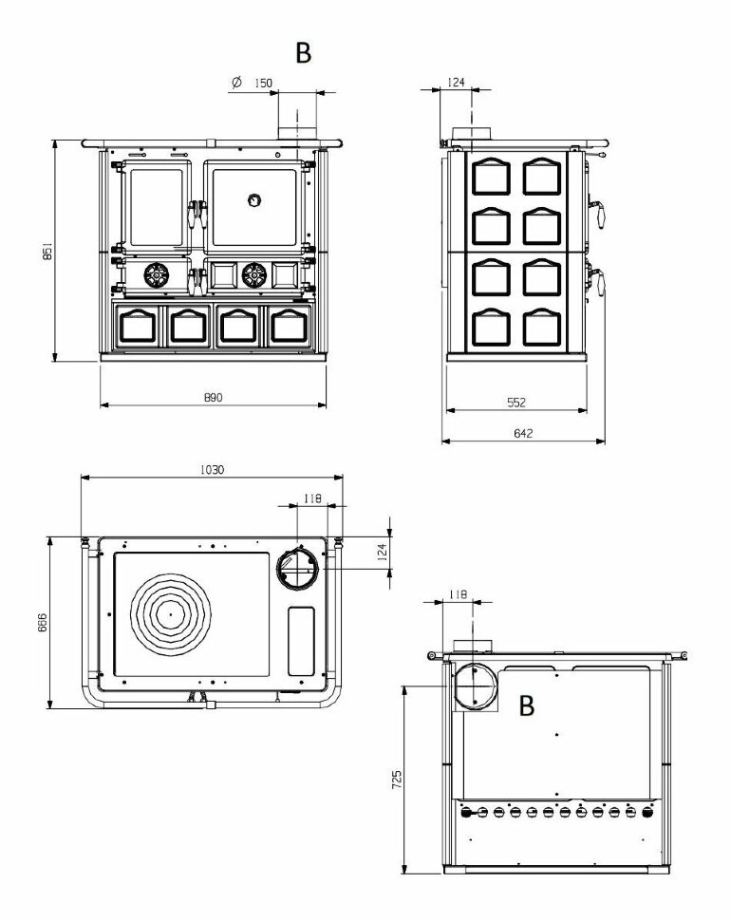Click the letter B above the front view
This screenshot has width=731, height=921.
pyautogui.click(x=303, y=53)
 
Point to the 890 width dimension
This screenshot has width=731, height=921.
pyautogui.click(x=214, y=398)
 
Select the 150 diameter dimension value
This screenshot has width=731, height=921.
pyautogui.click(x=263, y=83)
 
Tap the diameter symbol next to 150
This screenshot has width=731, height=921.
pyautogui.click(x=236, y=83)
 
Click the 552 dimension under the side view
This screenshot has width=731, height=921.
pyautogui.click(x=516, y=403)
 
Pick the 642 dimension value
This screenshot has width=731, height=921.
pyautogui.click(x=523, y=434)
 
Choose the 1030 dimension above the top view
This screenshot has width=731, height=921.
pyautogui.click(x=212, y=470)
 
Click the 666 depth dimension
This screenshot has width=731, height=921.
pyautogui.click(x=43, y=622)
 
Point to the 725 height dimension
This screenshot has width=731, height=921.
pyautogui.click(x=397, y=780)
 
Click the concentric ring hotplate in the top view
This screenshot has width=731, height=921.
pyautogui.click(x=170, y=613)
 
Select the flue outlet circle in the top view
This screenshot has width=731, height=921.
pyautogui.click(x=298, y=569)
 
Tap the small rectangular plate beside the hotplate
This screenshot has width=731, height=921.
pyautogui.click(x=301, y=642)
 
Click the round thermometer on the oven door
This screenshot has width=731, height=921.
pyautogui.click(x=253, y=201)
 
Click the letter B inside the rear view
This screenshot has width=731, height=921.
pyautogui.click(x=527, y=705)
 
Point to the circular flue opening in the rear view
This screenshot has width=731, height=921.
pyautogui.click(x=475, y=686)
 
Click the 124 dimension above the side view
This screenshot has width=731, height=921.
pyautogui.click(x=457, y=83)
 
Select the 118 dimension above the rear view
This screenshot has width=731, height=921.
pyautogui.click(x=458, y=594)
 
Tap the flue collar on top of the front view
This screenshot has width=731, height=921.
pyautogui.click(x=297, y=134)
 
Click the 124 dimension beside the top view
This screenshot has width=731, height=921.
pyautogui.click(x=382, y=553)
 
